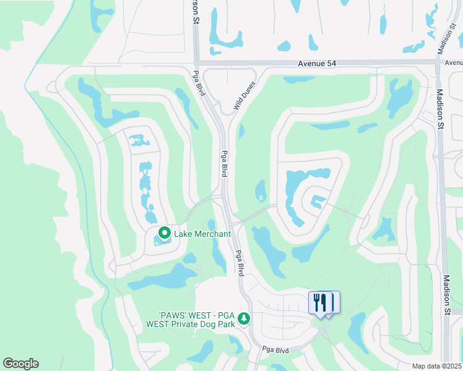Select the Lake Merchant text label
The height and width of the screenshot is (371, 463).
[x=202, y=234]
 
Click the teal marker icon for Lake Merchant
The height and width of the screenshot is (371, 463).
[x=165, y=233]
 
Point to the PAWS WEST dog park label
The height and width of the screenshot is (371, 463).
[x=190, y=318]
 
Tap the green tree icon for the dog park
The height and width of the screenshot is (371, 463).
[x=244, y=318]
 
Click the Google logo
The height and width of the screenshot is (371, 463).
[x=20, y=364]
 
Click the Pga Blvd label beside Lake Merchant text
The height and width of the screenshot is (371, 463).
[x=240, y=262]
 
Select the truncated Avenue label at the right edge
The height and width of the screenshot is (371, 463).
[x=454, y=63]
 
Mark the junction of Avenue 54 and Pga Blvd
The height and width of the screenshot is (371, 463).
[x=196, y=63]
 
